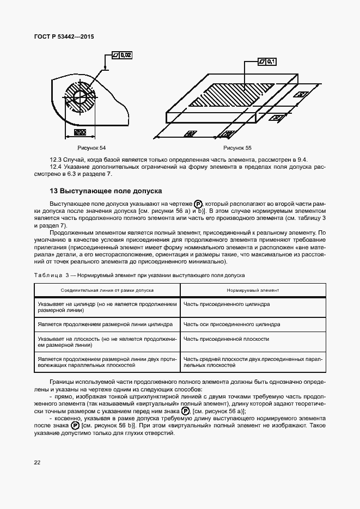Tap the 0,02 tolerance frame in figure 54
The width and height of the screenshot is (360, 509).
click(x=121, y=55)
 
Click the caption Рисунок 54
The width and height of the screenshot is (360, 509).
click(x=91, y=148)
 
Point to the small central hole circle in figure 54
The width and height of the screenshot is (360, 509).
click(x=80, y=96)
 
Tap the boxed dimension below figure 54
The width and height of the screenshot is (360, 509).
click(x=80, y=132)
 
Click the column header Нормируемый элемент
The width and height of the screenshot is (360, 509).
click(x=253, y=291)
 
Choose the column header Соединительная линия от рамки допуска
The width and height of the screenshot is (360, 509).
click(x=107, y=291)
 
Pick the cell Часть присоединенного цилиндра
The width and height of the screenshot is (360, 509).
click(x=227, y=304)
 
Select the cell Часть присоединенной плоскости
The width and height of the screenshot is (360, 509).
click(x=226, y=339)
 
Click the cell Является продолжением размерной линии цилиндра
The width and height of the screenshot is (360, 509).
click(x=105, y=324)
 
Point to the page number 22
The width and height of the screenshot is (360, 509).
click(x=38, y=463)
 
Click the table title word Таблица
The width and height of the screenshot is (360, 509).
click(x=48, y=275)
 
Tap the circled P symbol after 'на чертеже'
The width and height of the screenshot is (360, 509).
click(x=198, y=203)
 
